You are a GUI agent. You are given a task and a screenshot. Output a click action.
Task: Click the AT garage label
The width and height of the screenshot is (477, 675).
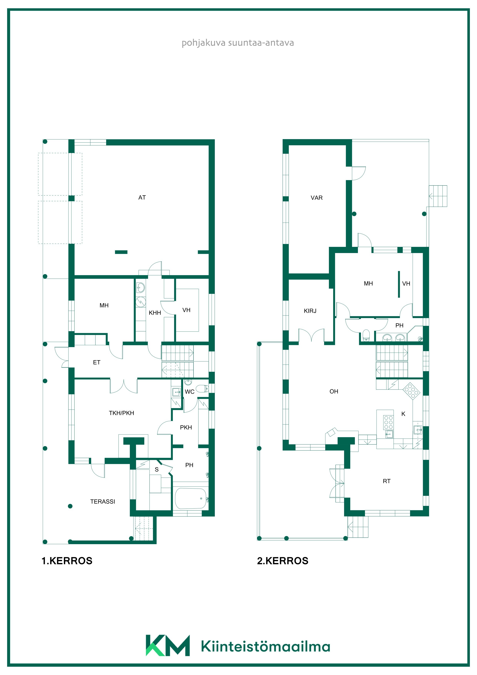(x=142, y=198)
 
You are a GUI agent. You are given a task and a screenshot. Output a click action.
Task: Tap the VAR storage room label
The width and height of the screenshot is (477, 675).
(x=317, y=198)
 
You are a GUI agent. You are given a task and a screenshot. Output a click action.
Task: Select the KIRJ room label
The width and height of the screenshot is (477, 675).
(x=310, y=311)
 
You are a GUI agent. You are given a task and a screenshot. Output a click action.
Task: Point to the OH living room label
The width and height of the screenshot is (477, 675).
(x=334, y=391)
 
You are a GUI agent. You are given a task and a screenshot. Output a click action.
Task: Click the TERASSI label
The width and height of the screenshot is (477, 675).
(x=103, y=502)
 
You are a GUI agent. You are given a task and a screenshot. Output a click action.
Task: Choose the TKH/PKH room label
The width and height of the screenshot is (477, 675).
(x=121, y=413)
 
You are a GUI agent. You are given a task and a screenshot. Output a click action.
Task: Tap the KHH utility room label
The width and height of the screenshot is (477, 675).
(x=155, y=313)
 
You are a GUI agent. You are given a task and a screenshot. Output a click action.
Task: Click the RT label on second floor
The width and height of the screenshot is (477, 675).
(x=386, y=481)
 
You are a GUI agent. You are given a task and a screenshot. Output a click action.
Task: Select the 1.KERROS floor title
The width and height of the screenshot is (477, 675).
(x=67, y=561)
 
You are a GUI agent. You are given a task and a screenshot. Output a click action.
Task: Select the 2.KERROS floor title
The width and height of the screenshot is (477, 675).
(x=283, y=561)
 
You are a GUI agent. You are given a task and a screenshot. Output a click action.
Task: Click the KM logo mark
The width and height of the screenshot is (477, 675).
(x=168, y=646)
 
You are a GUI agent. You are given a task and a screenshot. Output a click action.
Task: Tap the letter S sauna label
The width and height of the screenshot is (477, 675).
(x=157, y=469)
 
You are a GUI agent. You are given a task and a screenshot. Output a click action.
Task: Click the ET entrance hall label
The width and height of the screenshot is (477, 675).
(x=97, y=363)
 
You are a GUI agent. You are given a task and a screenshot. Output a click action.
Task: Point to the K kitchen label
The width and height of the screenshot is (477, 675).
(x=403, y=414)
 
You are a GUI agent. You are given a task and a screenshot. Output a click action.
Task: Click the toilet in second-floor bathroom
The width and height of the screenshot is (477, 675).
(x=366, y=335)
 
